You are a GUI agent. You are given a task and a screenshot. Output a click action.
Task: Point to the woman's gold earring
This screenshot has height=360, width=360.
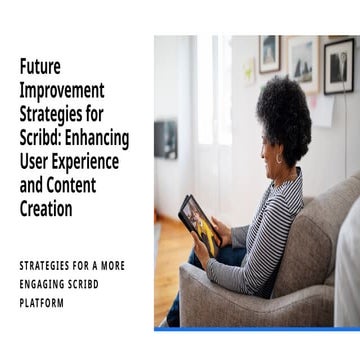point(278,158)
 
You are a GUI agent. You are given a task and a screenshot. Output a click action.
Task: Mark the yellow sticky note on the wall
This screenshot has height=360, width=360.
point(249,71)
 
